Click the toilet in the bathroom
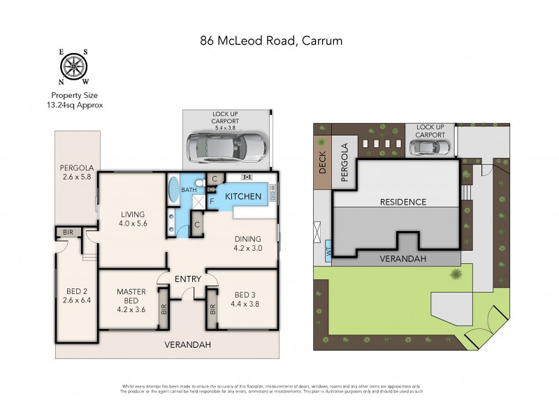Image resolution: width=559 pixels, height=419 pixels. click(200, 184)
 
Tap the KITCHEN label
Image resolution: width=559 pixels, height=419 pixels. click(242, 197)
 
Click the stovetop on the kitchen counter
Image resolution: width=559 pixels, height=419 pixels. click(247, 177)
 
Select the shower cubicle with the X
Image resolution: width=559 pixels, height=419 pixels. click(200, 201)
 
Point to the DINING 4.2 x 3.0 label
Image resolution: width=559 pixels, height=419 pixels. click(249, 242)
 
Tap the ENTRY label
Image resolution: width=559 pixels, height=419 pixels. click(188, 279)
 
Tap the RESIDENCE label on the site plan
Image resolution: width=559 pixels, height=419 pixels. click(402, 202)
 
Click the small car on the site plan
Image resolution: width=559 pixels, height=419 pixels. click(430, 147)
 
